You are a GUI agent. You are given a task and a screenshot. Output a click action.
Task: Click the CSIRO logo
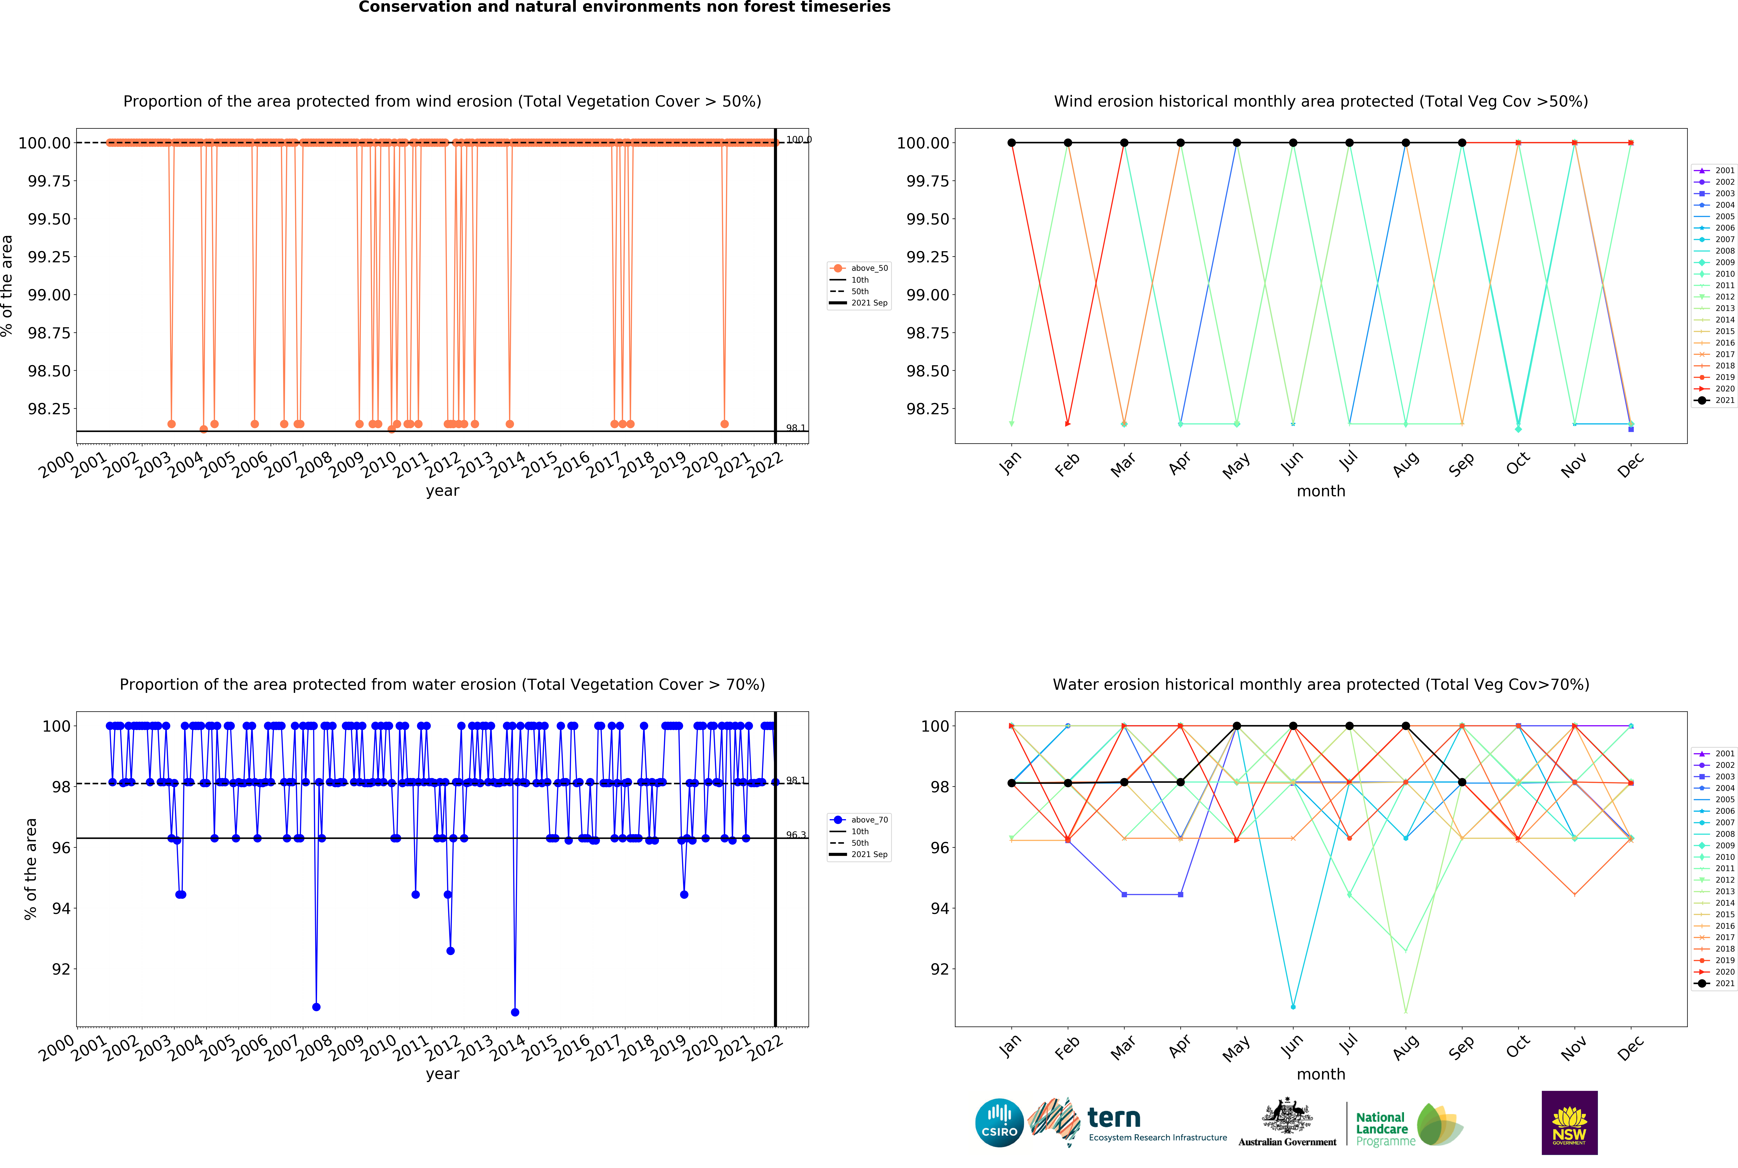[999, 1122]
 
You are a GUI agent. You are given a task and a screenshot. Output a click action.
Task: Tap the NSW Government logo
[1569, 1122]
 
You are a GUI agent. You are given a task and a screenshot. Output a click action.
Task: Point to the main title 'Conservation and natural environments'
[624, 7]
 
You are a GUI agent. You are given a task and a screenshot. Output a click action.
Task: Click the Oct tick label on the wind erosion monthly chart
[1518, 463]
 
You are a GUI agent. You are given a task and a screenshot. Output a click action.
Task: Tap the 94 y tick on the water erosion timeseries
[61, 908]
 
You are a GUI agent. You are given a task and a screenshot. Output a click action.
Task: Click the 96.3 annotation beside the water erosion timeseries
[796, 835]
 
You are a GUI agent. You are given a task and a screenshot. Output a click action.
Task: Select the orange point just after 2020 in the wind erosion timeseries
[724, 424]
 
